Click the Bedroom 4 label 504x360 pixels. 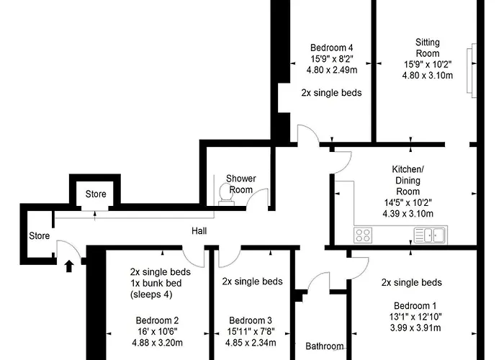click(332, 48)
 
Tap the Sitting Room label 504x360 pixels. click(428, 48)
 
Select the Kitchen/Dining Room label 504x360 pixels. click(408, 180)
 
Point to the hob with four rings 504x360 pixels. click(363, 235)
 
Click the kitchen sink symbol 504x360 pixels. click(430, 235)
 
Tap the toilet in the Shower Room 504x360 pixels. click(226, 194)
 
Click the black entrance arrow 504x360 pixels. click(69, 266)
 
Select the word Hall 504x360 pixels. click(199, 231)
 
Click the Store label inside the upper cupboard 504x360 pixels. click(96, 194)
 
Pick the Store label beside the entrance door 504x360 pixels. click(39, 235)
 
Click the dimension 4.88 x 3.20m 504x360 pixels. click(157, 343)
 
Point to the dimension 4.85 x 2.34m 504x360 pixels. click(251, 343)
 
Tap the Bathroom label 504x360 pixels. click(324, 346)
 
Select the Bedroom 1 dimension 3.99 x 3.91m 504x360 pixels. click(415, 328)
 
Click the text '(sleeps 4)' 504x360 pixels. click(151, 294)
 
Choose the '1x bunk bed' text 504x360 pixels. click(156, 283)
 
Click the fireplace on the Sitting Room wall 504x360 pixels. click(472, 71)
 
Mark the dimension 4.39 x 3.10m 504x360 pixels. click(408, 214)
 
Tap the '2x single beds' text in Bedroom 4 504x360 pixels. click(331, 93)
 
